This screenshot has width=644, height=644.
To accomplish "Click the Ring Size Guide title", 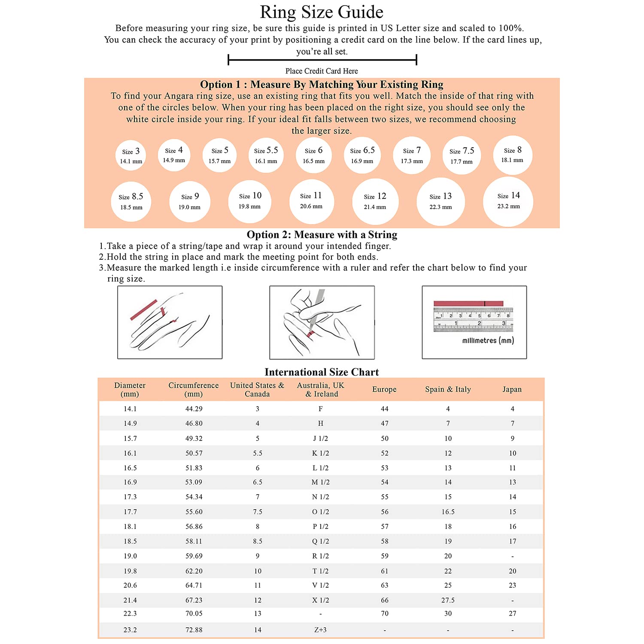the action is click(322, 12).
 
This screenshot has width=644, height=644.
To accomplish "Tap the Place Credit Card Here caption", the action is click(322, 71).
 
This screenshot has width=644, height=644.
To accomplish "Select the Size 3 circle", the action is click(131, 155).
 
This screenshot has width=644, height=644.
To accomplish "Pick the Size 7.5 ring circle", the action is click(462, 155).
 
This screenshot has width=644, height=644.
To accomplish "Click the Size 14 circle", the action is click(508, 201).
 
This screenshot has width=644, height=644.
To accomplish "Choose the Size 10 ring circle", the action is click(250, 201).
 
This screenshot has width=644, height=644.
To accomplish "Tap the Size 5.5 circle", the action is click(266, 155).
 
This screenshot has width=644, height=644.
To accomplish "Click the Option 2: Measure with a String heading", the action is click(322, 234).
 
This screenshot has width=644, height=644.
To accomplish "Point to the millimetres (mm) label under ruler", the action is click(488, 340).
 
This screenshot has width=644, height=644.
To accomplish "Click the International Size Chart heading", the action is click(322, 372).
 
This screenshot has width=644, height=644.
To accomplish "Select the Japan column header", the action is click(512, 389).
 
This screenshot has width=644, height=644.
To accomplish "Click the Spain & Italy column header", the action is click(448, 389).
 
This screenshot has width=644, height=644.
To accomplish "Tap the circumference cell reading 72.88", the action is click(194, 630).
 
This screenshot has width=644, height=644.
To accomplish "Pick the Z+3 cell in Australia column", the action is click(320, 630).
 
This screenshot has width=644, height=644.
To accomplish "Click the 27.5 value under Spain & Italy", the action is click(448, 600).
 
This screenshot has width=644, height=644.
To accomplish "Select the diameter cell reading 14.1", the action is click(130, 409).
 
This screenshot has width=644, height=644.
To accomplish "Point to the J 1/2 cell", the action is click(320, 438).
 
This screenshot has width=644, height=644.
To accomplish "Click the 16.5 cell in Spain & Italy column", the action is click(448, 512).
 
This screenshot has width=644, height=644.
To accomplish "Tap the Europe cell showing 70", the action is click(385, 614).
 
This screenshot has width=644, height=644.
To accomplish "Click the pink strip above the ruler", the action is click(468, 304).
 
